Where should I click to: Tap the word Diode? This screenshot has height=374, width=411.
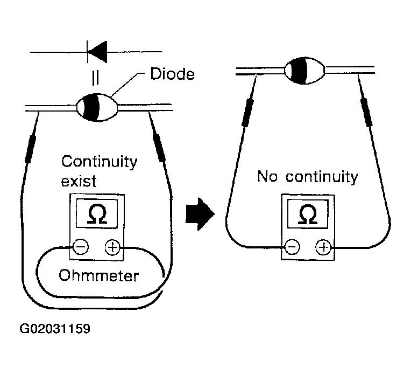click(x=172, y=74)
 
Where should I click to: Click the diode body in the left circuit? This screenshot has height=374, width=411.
click(x=97, y=107)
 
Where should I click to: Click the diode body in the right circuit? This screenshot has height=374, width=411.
click(x=304, y=71)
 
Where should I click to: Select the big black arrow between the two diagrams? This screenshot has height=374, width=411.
click(x=200, y=214)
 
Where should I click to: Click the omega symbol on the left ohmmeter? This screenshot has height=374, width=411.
click(x=97, y=214)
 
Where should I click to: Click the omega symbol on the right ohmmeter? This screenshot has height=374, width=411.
click(x=308, y=214)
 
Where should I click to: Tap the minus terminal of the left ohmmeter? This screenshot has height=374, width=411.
click(x=80, y=247)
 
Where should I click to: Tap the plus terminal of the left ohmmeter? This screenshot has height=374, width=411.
click(x=112, y=247)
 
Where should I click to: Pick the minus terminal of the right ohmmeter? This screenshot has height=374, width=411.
click(x=292, y=247)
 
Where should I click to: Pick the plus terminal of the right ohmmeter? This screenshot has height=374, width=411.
click(x=323, y=247)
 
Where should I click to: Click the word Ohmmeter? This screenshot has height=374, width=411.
click(x=98, y=275)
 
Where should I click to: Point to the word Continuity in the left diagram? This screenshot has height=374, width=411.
click(x=100, y=162)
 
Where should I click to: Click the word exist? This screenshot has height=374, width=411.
click(x=79, y=181)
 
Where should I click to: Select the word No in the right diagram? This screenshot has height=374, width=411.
click(x=267, y=176)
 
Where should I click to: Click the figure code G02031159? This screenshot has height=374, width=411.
click(x=55, y=329)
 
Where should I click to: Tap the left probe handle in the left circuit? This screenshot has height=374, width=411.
click(x=31, y=149)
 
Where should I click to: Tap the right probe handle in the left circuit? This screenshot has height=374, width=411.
click(x=160, y=148)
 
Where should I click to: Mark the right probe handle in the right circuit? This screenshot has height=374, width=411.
click(x=367, y=113)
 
